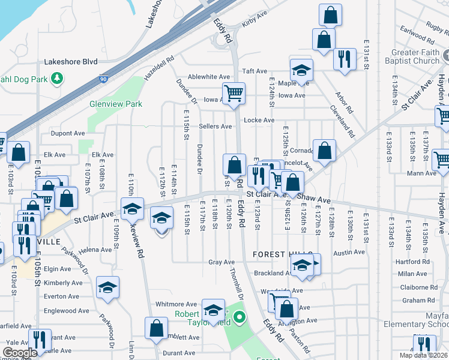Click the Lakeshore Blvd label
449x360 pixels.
71,61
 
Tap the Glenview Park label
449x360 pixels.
116,104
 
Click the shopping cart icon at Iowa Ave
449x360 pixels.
234,94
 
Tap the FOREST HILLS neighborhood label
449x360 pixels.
276,254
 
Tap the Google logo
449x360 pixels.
19,352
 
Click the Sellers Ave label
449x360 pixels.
215,127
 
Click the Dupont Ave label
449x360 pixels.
68,133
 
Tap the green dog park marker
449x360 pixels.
57,77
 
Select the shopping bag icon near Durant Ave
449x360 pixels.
156,328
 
